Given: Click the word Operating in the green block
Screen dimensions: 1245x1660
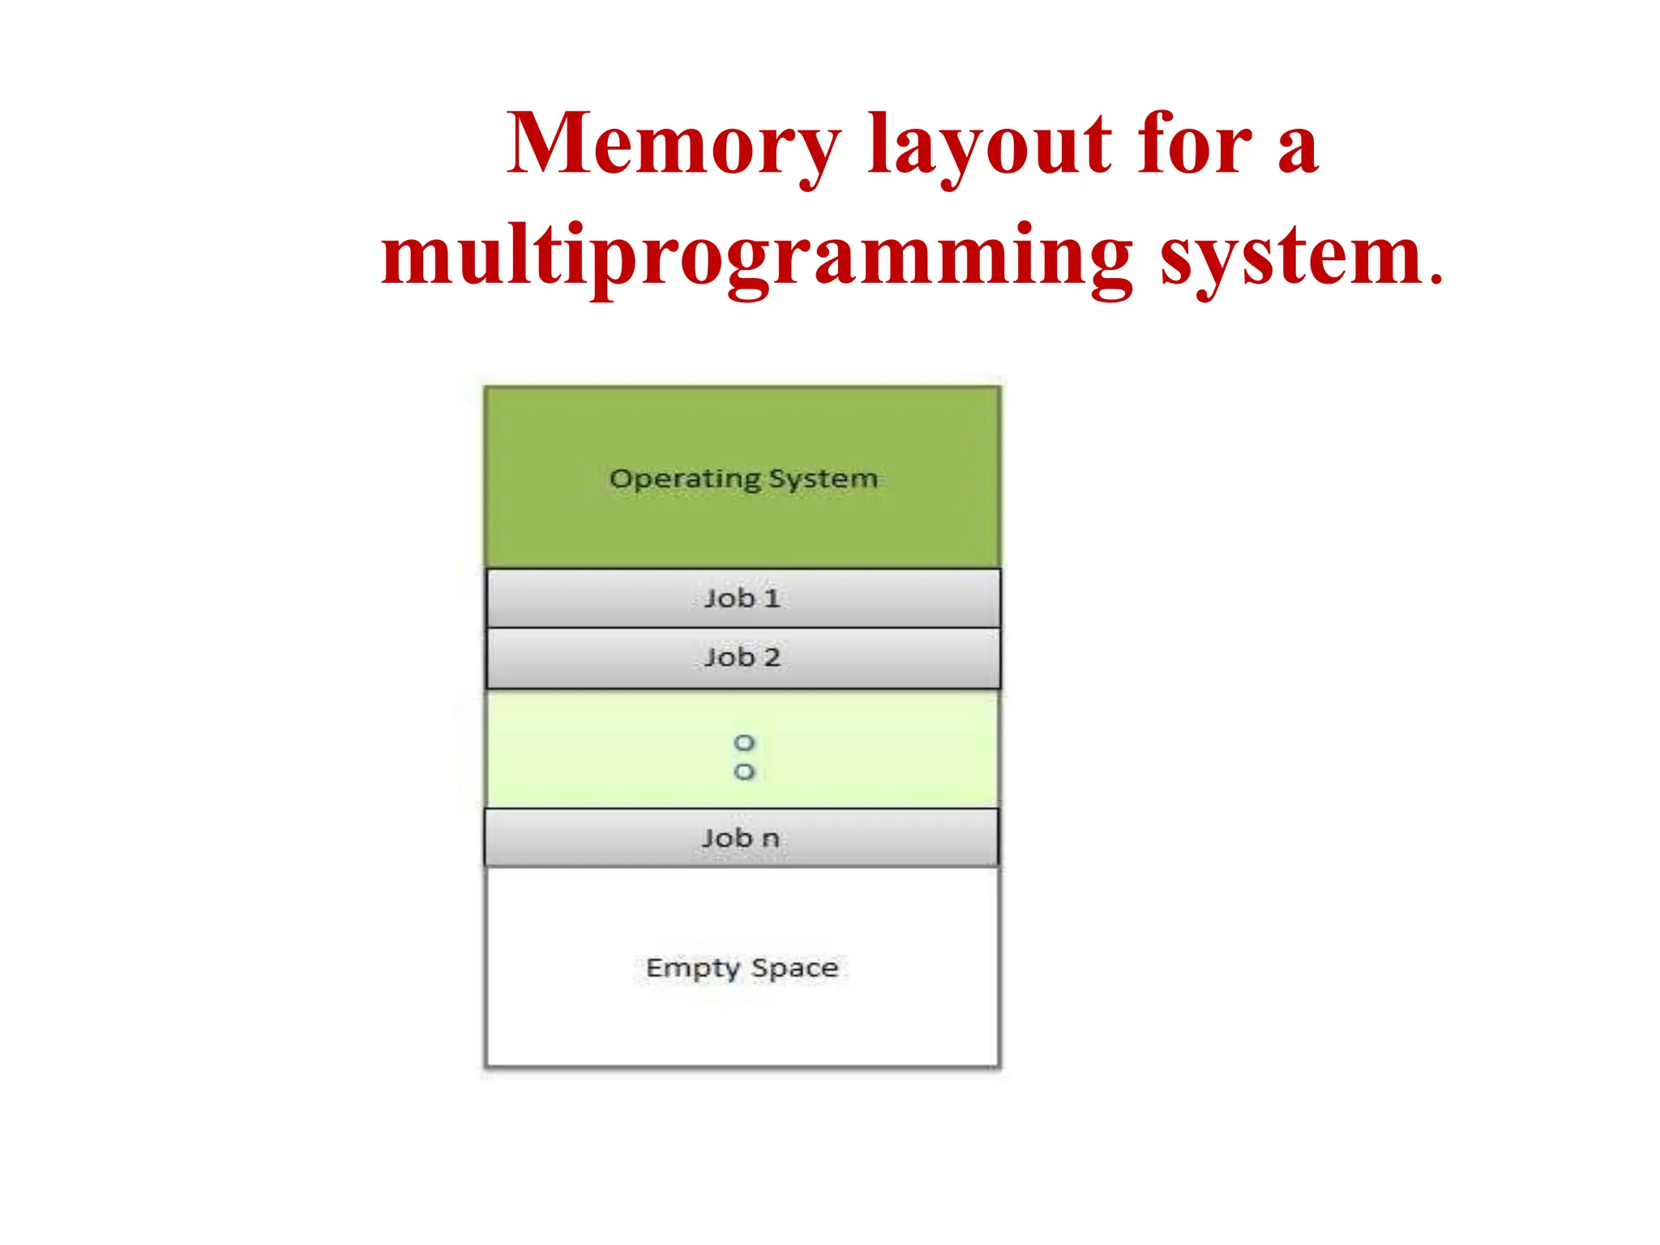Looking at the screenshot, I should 685,479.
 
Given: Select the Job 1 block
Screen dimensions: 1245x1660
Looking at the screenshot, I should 742,598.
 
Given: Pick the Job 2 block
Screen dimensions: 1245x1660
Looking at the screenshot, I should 742,657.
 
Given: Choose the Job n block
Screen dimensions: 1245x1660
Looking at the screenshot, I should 741,837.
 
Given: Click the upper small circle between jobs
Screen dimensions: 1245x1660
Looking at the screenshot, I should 744,742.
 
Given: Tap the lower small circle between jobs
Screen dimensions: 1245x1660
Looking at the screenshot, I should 744,772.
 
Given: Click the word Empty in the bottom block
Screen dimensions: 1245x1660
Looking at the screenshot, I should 693,968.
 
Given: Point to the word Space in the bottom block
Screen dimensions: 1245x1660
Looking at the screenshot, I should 794,968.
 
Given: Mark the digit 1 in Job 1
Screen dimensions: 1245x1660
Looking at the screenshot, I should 772,598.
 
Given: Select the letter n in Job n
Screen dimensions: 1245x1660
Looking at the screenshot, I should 770,838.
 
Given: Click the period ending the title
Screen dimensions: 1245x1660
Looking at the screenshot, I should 1436,280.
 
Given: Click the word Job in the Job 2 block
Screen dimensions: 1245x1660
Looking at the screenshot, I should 729,657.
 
